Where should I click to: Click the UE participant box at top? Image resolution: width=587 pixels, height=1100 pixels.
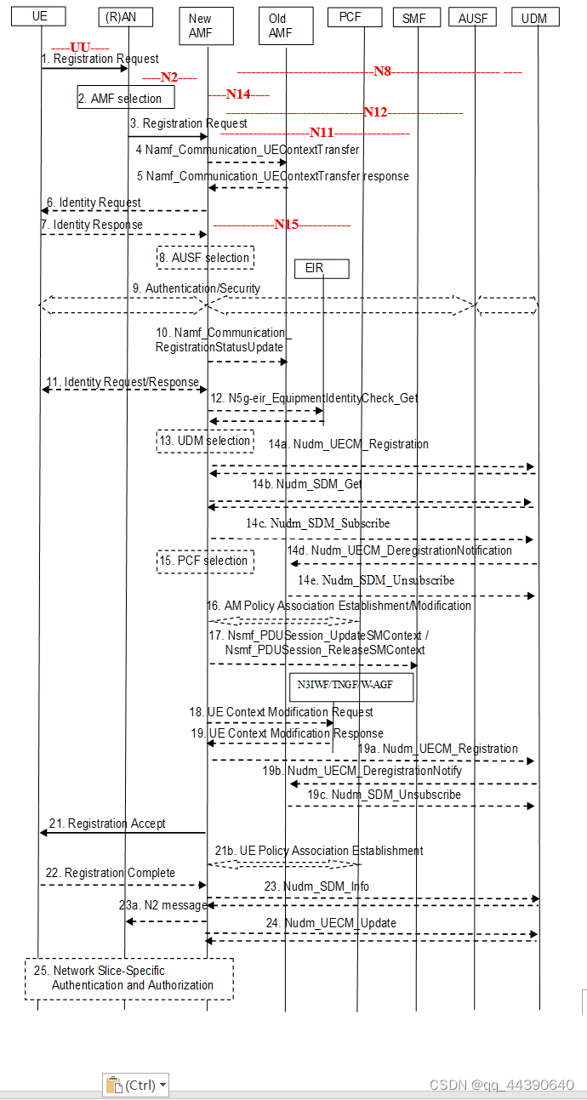pyautogui.click(x=38, y=16)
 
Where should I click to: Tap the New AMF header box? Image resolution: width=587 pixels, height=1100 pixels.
pyautogui.click(x=200, y=25)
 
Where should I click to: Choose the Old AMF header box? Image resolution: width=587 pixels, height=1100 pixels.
pyautogui.click(x=277, y=25)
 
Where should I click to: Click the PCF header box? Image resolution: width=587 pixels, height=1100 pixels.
pyautogui.click(x=349, y=16)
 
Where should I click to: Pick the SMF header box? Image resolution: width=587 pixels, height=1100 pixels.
pyautogui.click(x=416, y=16)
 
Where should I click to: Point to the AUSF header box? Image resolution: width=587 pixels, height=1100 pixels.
pyautogui.click(x=472, y=16)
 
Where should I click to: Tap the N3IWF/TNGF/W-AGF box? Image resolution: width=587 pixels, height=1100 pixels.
pyautogui.click(x=350, y=687)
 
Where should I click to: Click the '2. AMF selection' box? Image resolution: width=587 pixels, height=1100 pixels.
pyautogui.click(x=126, y=98)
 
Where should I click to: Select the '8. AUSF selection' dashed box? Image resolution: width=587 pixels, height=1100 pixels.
pyautogui.click(x=205, y=257)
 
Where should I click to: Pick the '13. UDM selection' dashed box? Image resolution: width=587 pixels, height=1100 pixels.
pyautogui.click(x=205, y=441)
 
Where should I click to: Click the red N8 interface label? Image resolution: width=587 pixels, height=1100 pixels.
pyautogui.click(x=382, y=71)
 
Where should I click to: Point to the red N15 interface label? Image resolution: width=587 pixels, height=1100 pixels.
pyautogui.click(x=286, y=225)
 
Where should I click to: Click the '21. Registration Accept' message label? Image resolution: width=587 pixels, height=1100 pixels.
pyautogui.click(x=117, y=824)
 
